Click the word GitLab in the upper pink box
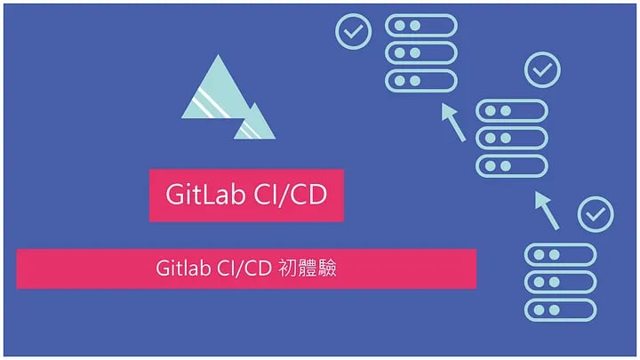(x=205, y=195)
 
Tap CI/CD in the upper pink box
(x=290, y=195)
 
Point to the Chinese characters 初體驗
(x=308, y=268)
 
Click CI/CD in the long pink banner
(x=244, y=268)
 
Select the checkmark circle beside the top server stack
(x=354, y=31)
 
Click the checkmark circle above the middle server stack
(x=542, y=69)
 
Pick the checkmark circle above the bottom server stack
(x=596, y=214)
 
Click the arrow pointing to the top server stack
(x=453, y=122)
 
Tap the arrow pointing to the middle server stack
(x=547, y=211)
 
